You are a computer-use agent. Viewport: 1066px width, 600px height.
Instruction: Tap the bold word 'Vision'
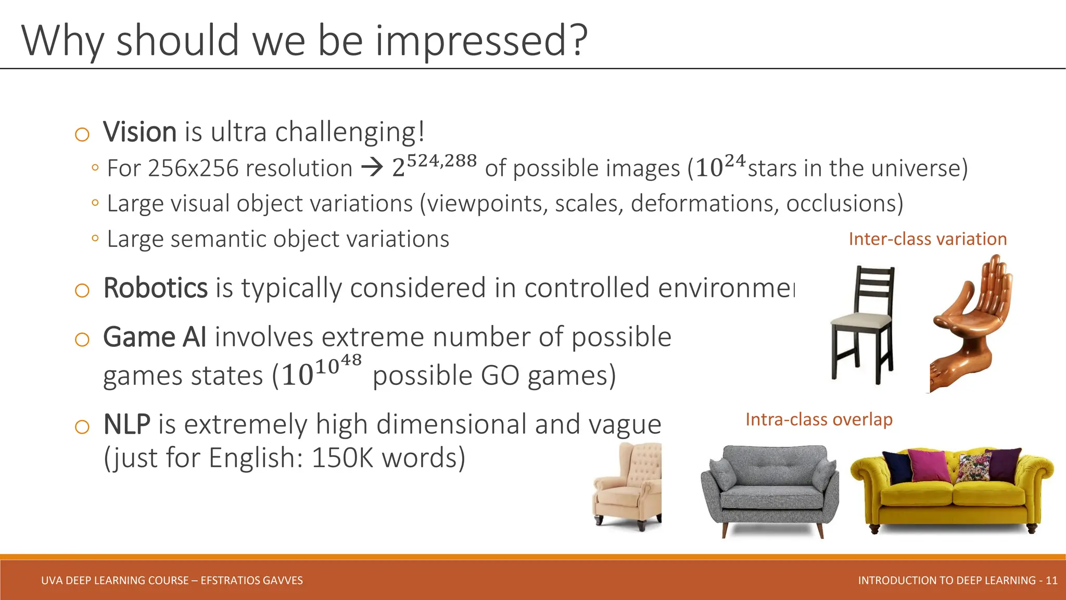[x=139, y=132]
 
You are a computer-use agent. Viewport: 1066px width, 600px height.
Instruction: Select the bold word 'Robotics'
[x=155, y=288]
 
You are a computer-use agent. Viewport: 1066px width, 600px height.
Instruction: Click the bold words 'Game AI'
[x=155, y=337]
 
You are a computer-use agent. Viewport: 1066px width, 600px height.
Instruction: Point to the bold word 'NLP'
[x=127, y=424]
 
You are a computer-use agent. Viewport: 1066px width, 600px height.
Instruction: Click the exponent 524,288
[x=441, y=160]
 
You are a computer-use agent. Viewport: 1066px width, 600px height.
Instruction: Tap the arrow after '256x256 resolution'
[x=372, y=168]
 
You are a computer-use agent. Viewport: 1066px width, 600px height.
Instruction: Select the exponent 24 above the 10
[x=735, y=160]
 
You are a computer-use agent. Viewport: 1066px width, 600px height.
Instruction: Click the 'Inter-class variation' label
[x=928, y=239]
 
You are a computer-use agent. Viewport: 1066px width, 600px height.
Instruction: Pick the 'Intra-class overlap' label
[x=819, y=419]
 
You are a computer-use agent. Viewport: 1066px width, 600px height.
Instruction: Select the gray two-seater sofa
[x=769, y=490]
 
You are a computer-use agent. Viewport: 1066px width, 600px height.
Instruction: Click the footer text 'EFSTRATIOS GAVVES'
[x=251, y=580]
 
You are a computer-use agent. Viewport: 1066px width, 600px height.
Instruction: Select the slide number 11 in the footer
[x=1051, y=580]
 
